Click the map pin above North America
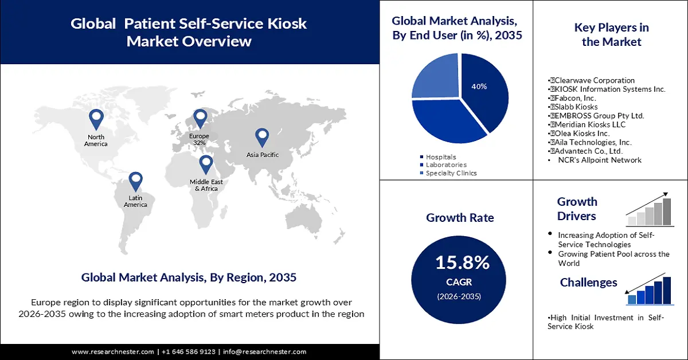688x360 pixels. point(96,119)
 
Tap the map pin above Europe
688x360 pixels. point(200,119)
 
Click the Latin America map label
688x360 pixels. point(135,201)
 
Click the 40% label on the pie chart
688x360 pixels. point(479,87)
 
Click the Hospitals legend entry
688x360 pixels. point(441,156)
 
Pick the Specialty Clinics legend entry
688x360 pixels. point(451,173)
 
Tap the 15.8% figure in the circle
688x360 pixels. point(462,263)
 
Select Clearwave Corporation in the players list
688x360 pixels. point(592,80)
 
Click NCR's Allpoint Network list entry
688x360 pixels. point(600,160)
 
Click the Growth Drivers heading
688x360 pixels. point(577,209)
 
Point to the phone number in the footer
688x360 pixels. point(189,351)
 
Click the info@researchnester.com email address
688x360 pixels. point(264,351)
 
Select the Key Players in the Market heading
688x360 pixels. point(611,34)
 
